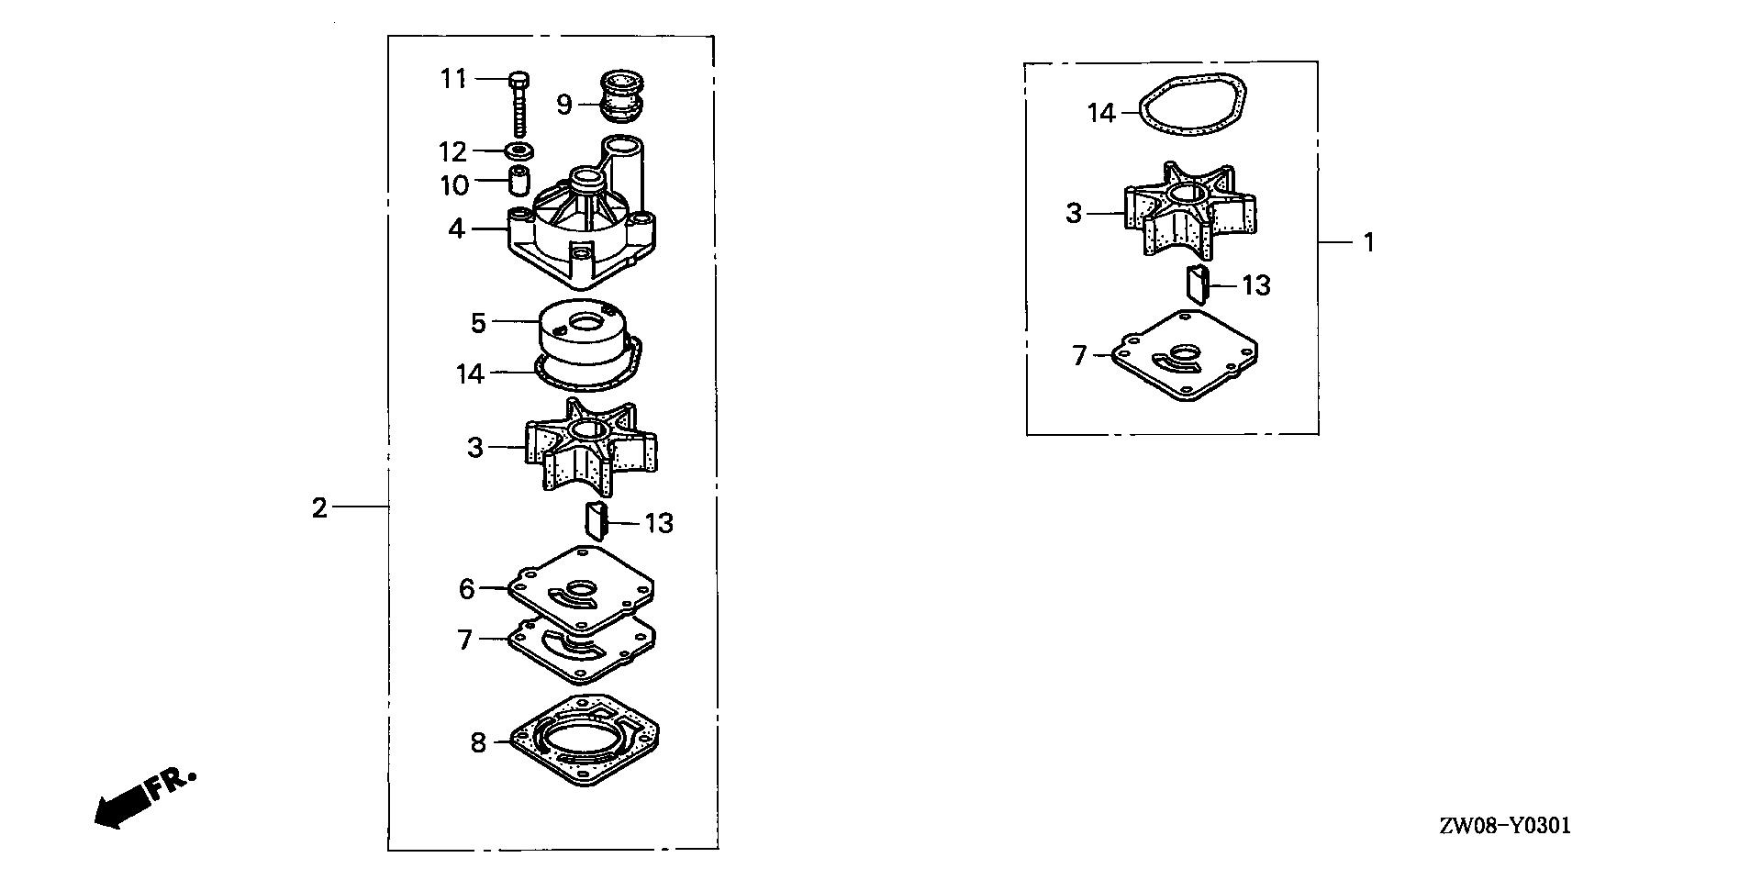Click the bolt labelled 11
pyautogui.click(x=519, y=102)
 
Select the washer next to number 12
pyautogui.click(x=520, y=150)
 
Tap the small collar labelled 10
pyautogui.click(x=519, y=180)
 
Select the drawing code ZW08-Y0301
pyautogui.click(x=1504, y=826)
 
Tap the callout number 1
pyautogui.click(x=1368, y=243)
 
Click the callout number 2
pyautogui.click(x=319, y=507)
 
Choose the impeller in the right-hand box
pyautogui.click(x=1189, y=210)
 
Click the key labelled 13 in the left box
pyautogui.click(x=597, y=522)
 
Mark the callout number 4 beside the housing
pyautogui.click(x=456, y=228)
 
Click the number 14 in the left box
pyautogui.click(x=470, y=373)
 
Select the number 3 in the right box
pyautogui.click(x=1074, y=214)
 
